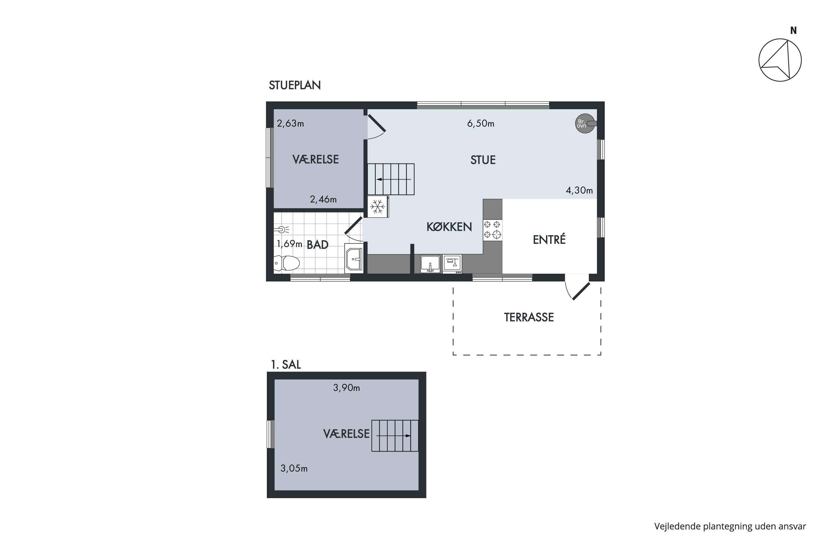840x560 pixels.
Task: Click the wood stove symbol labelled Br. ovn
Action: (x=585, y=123)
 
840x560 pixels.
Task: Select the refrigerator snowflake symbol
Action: (x=377, y=206)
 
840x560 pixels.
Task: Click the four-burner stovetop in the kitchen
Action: (x=493, y=230)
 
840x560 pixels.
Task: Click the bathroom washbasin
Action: (x=354, y=258)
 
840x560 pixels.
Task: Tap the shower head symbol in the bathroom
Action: (x=281, y=230)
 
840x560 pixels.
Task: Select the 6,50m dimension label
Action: (x=481, y=123)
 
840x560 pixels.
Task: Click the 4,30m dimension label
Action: (x=579, y=190)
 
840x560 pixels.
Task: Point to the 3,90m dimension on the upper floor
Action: (x=346, y=388)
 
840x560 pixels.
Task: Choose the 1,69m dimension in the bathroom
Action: (x=289, y=244)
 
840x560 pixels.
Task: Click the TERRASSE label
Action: (x=529, y=318)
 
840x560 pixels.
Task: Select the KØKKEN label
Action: (x=449, y=227)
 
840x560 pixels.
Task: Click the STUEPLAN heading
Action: (x=295, y=85)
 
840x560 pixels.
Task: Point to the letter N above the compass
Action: (x=793, y=31)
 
